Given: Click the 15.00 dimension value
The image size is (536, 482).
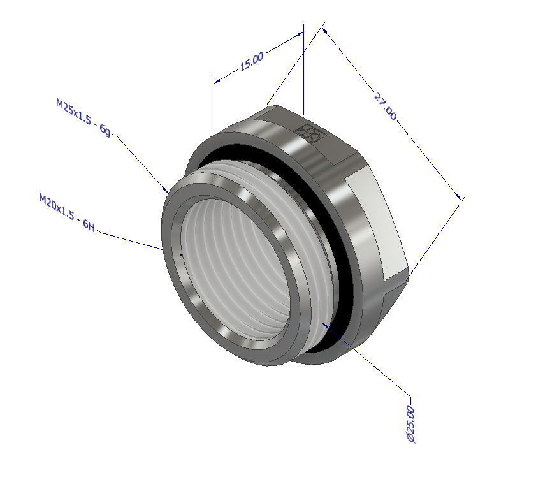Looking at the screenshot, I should pos(251,62).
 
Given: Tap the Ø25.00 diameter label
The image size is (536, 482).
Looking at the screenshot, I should pos(410,423).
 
